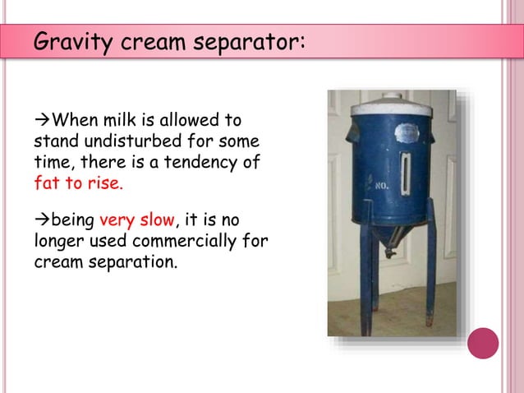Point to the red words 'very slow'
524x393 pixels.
[137, 221]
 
